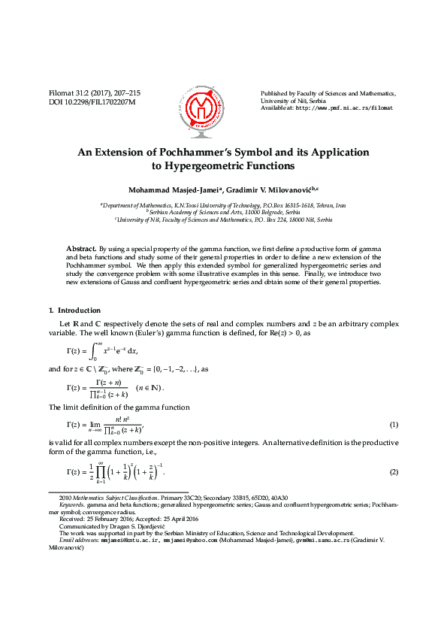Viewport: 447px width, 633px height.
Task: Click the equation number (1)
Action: [x=393, y=426]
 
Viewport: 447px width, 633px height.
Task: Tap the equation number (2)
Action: [x=393, y=471]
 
